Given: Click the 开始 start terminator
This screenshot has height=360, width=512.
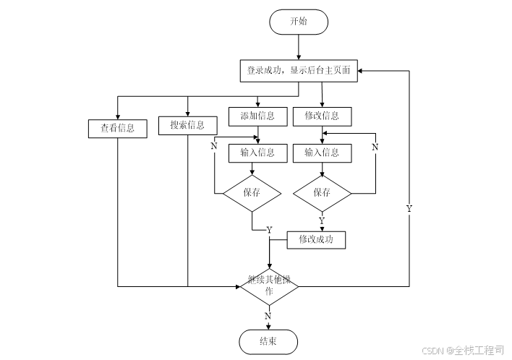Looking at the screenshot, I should pos(298,21).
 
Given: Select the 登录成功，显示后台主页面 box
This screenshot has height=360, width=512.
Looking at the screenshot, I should pos(298,71).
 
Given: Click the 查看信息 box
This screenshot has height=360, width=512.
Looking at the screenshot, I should pos(117,129).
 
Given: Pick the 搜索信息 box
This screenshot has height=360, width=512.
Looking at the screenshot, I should pos(187,125).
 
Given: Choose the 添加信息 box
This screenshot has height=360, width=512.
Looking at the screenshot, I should pos(252,116).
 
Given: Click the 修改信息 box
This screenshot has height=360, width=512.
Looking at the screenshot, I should pos(322,116).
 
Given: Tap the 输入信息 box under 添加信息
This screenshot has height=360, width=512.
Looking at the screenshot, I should pos(252,153).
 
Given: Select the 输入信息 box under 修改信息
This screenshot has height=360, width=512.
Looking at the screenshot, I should pos(322,153).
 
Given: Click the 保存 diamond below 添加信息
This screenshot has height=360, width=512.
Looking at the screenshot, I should pos(252,193).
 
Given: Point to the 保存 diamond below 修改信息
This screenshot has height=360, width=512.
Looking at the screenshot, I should pos(322,193).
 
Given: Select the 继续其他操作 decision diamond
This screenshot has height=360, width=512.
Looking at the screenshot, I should pos(269,286).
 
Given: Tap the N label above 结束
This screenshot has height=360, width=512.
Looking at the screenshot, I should pos(268,316).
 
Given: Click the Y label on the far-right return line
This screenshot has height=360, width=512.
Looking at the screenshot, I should pos(409,208).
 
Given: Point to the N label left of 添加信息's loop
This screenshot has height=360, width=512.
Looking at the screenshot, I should pos(213,147).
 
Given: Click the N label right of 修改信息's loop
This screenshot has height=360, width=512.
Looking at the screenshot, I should pos(375,147).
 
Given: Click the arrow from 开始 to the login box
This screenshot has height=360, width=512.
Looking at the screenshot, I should pos(298,46).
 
